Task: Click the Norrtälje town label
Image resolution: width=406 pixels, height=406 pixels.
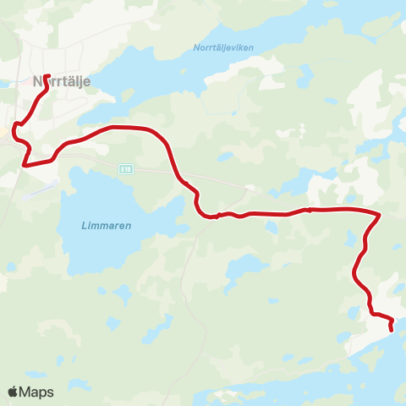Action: (61, 82)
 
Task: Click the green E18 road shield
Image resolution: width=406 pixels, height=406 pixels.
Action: (126, 169)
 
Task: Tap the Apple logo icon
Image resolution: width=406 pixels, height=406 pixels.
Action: (14, 392)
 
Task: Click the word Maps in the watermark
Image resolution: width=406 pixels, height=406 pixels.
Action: (36, 392)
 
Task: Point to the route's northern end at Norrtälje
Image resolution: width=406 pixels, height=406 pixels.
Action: (45, 75)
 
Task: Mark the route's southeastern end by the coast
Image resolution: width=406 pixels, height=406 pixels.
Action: (392, 329)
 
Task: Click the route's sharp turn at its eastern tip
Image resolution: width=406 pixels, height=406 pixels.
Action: (379, 214)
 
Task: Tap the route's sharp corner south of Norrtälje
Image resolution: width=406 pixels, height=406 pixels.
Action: (25, 165)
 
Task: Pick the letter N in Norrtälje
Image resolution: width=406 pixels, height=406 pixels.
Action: (36, 82)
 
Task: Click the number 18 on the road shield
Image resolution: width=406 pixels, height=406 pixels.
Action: (128, 169)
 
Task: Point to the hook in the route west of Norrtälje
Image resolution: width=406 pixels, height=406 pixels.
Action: (14, 129)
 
